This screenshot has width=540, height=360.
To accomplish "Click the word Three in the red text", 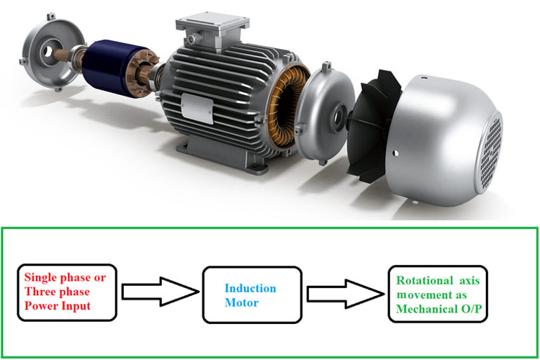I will (x=40, y=291).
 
